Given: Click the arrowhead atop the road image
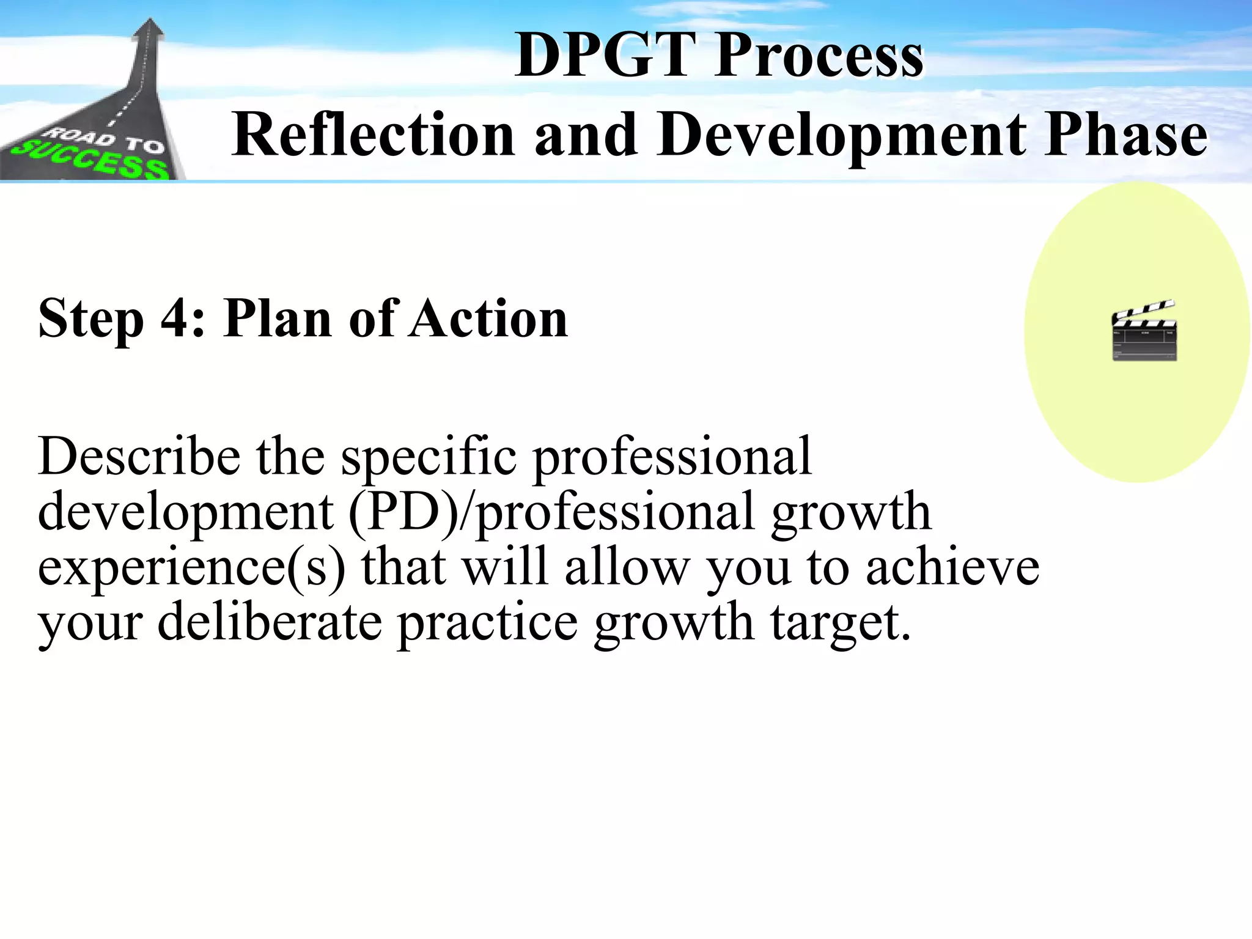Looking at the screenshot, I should (x=149, y=28).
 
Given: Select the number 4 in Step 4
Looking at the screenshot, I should (x=175, y=319).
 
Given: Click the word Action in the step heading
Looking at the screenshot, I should (x=488, y=319).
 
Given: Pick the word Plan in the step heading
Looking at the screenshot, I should (x=278, y=319).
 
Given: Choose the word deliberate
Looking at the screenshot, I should (x=270, y=622).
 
